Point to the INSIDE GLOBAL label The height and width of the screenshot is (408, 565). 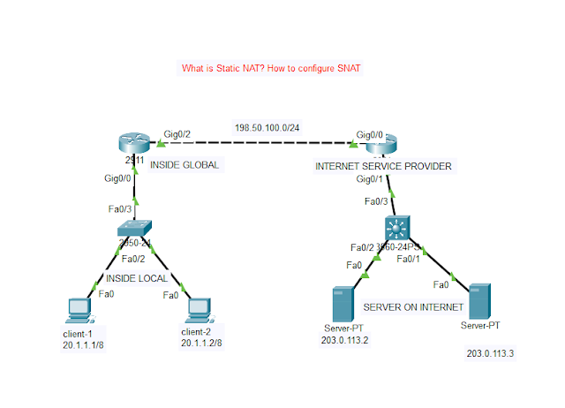click(x=184, y=164)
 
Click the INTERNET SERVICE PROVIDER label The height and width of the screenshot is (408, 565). click(x=383, y=165)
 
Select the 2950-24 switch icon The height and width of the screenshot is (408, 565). click(x=135, y=230)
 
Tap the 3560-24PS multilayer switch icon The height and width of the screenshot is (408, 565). click(x=399, y=228)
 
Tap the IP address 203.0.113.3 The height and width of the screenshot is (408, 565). click(x=490, y=353)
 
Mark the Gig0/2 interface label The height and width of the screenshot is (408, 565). click(x=177, y=134)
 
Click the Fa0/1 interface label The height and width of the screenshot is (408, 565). click(x=409, y=259)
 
